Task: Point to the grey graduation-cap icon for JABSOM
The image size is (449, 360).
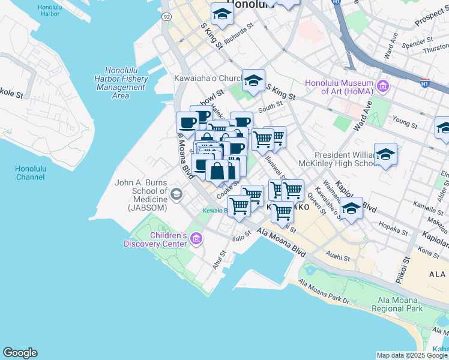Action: pos(176,193)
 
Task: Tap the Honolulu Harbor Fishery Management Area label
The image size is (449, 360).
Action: pos(121,83)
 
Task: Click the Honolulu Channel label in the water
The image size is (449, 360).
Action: pos(30,173)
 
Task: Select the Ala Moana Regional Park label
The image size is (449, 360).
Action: pos(400,304)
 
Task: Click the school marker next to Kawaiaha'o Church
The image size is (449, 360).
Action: pos(253,80)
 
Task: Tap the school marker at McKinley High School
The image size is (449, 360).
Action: pos(385,154)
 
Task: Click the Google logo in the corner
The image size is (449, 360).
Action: pos(20,353)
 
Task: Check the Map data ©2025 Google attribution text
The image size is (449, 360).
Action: pos(412,355)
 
